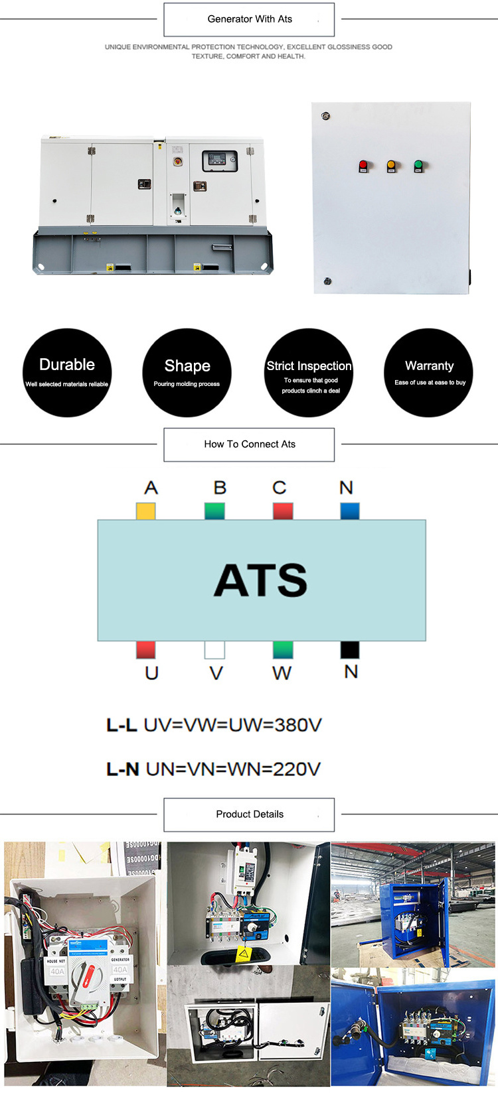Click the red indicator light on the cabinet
click(363, 164)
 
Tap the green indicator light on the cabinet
click(418, 164)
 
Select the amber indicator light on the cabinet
click(391, 164)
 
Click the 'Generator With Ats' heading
click(249, 19)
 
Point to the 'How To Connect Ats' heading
click(249, 444)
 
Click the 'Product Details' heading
click(249, 814)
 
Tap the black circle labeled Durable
click(67, 373)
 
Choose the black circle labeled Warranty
click(428, 373)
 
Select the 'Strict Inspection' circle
click(309, 373)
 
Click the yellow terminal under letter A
click(146, 511)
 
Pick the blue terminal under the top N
click(350, 511)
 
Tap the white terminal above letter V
click(214, 650)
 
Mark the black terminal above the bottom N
click(350, 650)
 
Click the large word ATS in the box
click(261, 580)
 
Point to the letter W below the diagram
click(282, 673)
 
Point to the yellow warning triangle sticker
click(244, 953)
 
